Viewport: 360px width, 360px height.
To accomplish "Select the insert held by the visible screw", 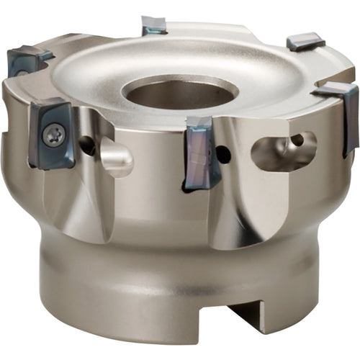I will click(52, 135).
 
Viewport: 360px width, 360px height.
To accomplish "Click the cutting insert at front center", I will click(202, 152).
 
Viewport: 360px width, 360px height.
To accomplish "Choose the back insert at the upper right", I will click(306, 42).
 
